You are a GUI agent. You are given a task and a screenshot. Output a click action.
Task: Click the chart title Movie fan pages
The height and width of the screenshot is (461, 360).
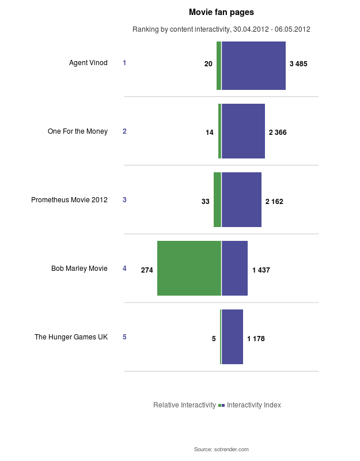coord(221,12)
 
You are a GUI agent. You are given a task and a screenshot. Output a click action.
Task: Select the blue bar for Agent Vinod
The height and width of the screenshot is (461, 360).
coord(253,66)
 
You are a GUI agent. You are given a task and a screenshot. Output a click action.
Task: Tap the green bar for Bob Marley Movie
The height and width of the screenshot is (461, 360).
coord(189,268)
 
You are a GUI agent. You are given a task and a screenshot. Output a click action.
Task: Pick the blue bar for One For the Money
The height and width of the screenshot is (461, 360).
coord(243,131)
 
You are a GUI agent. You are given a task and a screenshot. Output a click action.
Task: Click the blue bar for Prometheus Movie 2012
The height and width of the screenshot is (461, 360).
coord(241,199)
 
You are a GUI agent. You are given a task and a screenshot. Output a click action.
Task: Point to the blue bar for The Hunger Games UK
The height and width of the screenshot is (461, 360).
coord(232,337)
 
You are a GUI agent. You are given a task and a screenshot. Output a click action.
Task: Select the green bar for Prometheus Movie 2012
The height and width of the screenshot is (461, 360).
coord(217,199)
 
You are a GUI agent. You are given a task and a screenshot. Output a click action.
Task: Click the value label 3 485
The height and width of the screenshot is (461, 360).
coord(298,64)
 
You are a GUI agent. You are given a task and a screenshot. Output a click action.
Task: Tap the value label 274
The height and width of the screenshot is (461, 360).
coord(147,270)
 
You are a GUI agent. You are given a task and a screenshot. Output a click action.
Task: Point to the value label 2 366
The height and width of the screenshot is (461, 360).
coord(278,133)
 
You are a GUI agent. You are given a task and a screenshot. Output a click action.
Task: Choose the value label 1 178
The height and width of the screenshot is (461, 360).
coord(256,339)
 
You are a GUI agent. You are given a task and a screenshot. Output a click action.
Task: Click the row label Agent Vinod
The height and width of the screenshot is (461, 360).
coord(88,63)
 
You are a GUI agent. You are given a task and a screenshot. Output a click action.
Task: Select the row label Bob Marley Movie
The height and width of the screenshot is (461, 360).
coord(79,269)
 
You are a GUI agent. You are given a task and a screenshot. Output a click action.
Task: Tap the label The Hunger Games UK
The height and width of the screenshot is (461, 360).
coord(71,337)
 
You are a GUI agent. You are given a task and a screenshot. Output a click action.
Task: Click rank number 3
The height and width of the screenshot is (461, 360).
coord(124,200)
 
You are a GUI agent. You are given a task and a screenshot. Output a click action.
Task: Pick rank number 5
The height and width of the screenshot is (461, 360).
coord(124,337)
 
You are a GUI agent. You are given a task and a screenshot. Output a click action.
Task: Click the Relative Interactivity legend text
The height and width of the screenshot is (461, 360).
coord(184,405)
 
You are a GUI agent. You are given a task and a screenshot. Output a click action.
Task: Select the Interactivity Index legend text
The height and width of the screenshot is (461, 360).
coord(254,405)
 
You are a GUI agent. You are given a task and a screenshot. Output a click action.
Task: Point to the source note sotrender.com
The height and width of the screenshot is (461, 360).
coord(221,449)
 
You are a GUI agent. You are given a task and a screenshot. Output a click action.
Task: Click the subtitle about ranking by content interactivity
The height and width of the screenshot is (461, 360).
coord(221,29)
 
